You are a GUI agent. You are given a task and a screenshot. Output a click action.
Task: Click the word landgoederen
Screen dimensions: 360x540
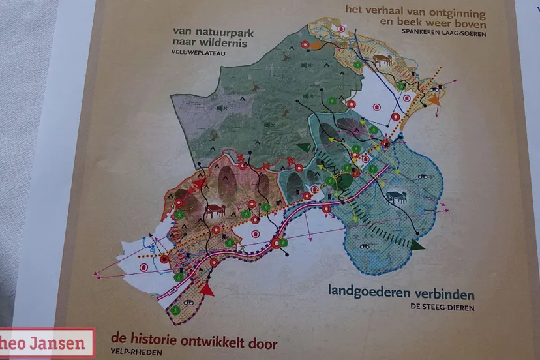[x=369, y=292]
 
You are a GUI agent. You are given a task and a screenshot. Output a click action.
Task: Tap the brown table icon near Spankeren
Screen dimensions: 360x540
[x=382, y=61]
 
